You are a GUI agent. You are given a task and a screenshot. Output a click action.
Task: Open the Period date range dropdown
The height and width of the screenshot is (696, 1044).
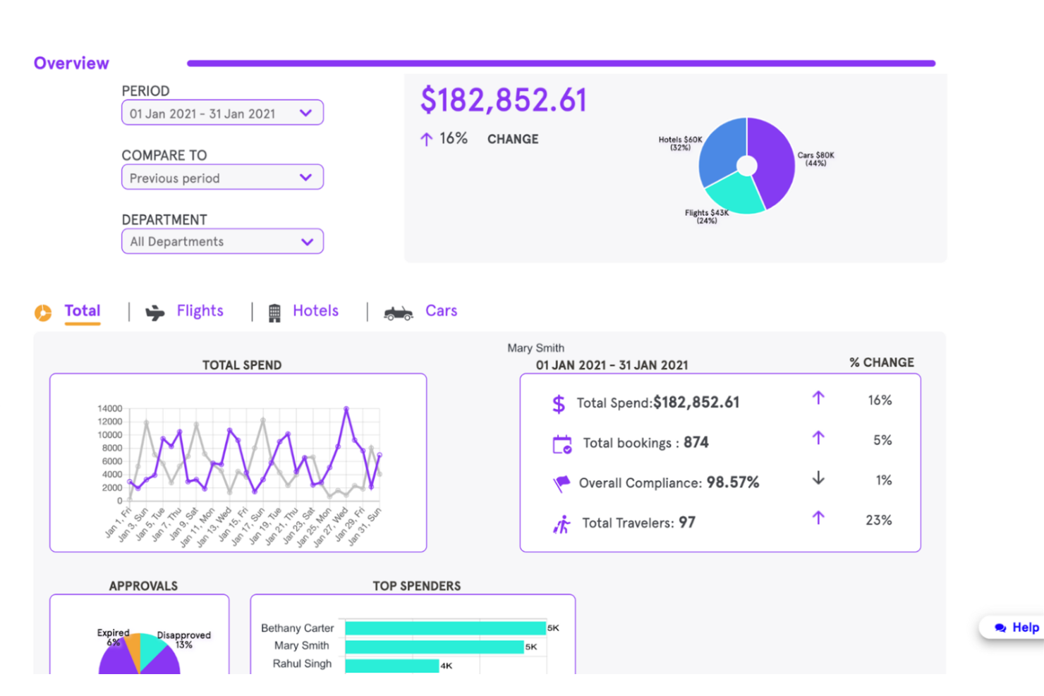221,113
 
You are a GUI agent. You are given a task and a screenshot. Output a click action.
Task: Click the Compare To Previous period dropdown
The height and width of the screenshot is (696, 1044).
221,178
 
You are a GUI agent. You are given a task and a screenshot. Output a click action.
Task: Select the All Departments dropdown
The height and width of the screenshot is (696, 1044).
221,242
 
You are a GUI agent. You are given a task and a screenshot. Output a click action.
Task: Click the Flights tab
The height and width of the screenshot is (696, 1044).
199,311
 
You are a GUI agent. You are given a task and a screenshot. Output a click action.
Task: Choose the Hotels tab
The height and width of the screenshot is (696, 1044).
315,311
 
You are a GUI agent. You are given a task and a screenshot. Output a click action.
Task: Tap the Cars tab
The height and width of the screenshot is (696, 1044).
440,311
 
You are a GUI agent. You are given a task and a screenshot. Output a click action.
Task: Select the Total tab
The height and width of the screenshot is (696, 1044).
82,311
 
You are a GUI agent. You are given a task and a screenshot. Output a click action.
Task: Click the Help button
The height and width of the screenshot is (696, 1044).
1016,627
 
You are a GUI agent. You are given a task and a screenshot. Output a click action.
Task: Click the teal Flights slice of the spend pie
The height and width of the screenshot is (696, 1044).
734,193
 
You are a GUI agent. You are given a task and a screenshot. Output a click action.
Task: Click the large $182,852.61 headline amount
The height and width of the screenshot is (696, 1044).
503,100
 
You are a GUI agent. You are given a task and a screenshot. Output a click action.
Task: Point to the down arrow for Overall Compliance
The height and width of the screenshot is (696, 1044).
818,478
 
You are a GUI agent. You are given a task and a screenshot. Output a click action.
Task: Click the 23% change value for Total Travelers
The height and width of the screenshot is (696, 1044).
878,520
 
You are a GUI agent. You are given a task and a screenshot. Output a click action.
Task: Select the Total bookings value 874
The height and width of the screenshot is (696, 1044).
696,443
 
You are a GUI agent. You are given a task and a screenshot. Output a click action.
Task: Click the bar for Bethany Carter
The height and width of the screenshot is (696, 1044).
445,628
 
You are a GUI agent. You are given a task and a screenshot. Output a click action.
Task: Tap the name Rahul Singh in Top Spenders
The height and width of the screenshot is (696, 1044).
302,664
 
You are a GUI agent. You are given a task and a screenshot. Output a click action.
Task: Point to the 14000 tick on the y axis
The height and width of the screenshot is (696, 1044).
110,409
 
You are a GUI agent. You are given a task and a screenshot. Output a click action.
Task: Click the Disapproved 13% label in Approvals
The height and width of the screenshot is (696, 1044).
183,640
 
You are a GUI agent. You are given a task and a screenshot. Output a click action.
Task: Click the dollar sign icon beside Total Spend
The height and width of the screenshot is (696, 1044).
559,403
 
